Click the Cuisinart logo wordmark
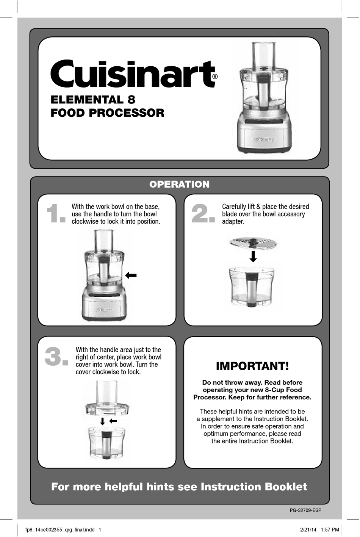coord(133,74)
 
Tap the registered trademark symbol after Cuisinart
coord(215,77)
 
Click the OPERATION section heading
coord(179,184)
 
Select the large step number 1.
coord(55,214)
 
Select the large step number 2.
coord(203,214)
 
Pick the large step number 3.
coord(56,357)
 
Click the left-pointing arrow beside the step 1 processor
coord(131,276)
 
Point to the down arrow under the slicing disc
coord(253,257)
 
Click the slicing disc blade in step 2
coord(253,242)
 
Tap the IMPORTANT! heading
coord(252,366)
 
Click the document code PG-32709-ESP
coord(305,510)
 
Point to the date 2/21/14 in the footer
coord(308,530)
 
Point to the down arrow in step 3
coord(102,421)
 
